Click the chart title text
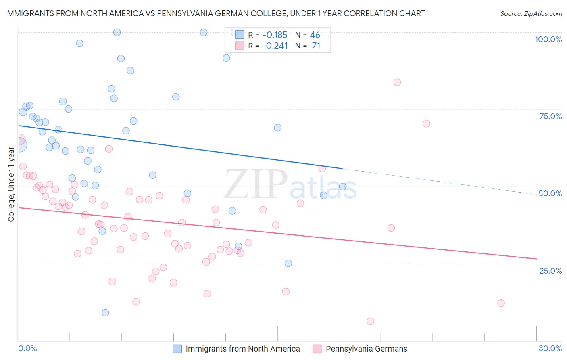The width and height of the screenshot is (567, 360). pyautogui.click(x=215, y=13)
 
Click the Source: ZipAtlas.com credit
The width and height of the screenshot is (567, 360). pyautogui.click(x=531, y=13)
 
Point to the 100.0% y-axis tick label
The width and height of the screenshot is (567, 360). pyautogui.click(x=548, y=39)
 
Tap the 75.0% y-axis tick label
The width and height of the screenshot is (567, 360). pyautogui.click(x=550, y=116)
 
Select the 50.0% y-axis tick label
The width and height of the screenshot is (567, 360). pyautogui.click(x=550, y=193)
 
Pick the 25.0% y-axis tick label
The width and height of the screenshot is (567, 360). pyautogui.click(x=550, y=271)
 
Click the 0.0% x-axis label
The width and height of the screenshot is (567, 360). pyautogui.click(x=27, y=348)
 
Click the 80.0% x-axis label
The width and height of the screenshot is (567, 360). pyautogui.click(x=550, y=348)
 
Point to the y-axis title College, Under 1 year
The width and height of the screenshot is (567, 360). pyautogui.click(x=11, y=184)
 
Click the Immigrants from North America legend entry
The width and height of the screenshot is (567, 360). pyautogui.click(x=242, y=349)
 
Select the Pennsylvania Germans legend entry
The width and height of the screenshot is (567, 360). pyautogui.click(x=366, y=349)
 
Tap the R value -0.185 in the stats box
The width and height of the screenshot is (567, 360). pyautogui.click(x=274, y=35)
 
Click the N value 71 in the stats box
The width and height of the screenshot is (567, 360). pyautogui.click(x=316, y=46)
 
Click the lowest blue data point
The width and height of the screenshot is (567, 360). pyautogui.click(x=105, y=313)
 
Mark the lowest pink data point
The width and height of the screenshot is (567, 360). pyautogui.click(x=370, y=321)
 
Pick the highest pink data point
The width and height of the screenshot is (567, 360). pyautogui.click(x=397, y=82)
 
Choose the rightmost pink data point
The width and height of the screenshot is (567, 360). pyautogui.click(x=501, y=303)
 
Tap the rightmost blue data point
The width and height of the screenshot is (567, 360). pyautogui.click(x=343, y=186)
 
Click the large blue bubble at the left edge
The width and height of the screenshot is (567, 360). pyautogui.click(x=19, y=144)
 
